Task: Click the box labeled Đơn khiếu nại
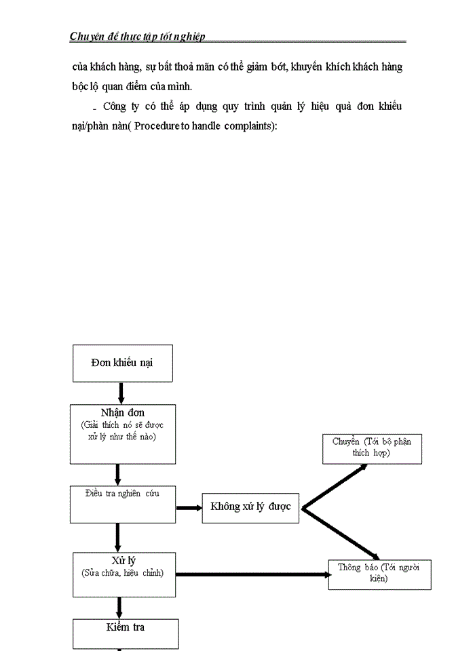[122, 363]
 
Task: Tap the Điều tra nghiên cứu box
[122, 504]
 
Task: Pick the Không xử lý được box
[250, 507]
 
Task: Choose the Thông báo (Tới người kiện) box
[379, 574]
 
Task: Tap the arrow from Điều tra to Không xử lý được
[189, 507]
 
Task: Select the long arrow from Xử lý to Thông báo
[251, 575]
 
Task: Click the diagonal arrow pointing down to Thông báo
[343, 532]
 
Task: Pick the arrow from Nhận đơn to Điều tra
[118, 474]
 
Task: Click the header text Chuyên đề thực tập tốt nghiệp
[137, 37]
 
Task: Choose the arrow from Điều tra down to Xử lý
[118, 537]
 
